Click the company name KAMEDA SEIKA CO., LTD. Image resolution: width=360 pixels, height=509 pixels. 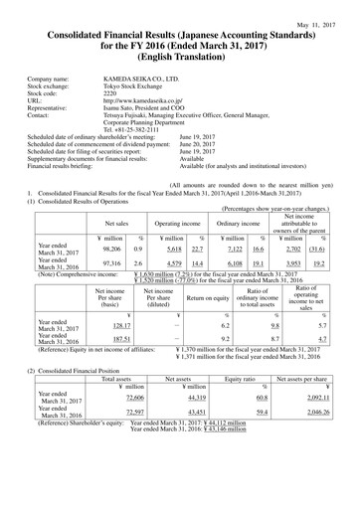tap(142, 78)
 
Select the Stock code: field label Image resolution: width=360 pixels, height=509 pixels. tap(48, 93)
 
